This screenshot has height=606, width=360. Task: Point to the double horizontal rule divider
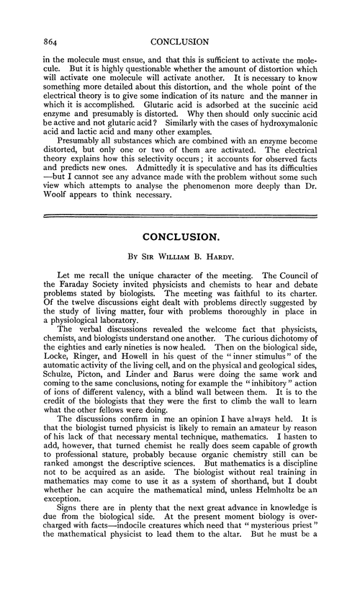click(x=180, y=215)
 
